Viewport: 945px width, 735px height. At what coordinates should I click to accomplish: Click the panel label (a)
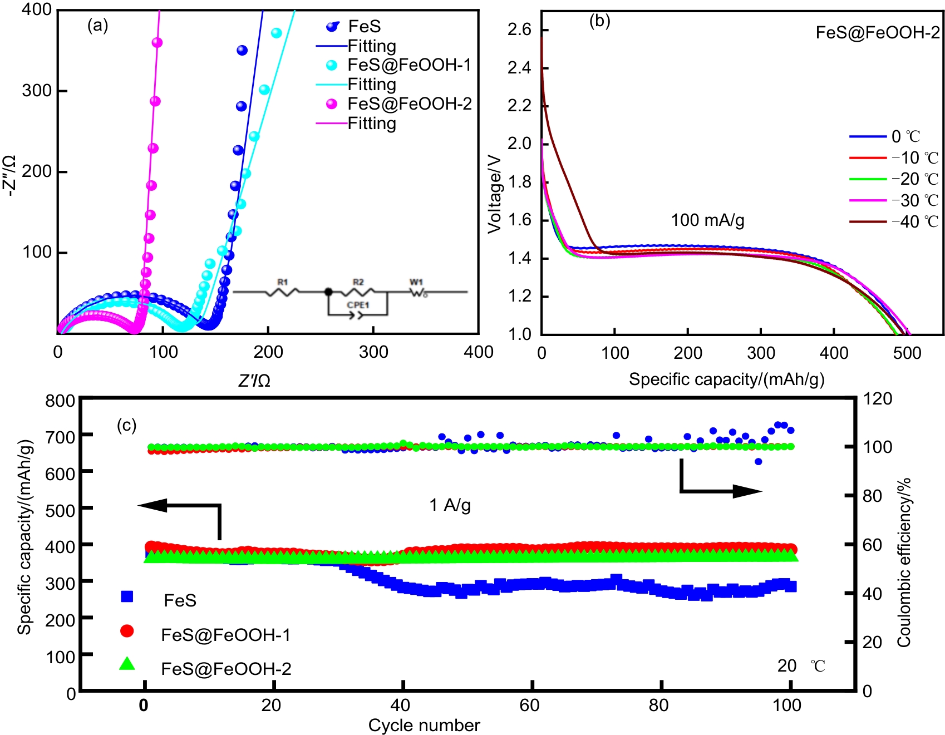(x=97, y=26)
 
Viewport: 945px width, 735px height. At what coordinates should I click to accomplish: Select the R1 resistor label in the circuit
(x=283, y=282)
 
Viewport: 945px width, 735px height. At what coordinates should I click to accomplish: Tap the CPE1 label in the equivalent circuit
(x=357, y=305)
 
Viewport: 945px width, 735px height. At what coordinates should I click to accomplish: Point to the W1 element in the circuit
(x=417, y=283)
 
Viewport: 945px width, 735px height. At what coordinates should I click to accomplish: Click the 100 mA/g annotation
(x=707, y=220)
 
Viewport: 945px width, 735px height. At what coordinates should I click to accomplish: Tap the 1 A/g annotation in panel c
(x=450, y=505)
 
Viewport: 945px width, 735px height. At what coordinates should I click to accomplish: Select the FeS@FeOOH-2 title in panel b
(x=877, y=33)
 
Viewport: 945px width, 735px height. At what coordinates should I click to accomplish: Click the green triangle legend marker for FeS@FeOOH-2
(x=127, y=663)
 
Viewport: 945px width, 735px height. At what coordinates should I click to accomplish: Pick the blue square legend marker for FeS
(x=127, y=596)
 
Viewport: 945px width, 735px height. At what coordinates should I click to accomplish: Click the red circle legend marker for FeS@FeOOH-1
(x=127, y=630)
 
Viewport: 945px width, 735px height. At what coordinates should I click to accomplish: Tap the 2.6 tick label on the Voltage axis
(x=519, y=29)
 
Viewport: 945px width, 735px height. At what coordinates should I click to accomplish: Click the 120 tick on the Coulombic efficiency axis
(x=878, y=398)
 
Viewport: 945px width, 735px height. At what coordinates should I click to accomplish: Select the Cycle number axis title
(x=424, y=725)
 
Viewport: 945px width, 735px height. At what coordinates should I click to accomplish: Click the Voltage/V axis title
(x=495, y=194)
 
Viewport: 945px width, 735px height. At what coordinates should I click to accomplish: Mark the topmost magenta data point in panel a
(x=157, y=43)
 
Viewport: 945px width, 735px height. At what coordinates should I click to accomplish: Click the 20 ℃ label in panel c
(x=801, y=665)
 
